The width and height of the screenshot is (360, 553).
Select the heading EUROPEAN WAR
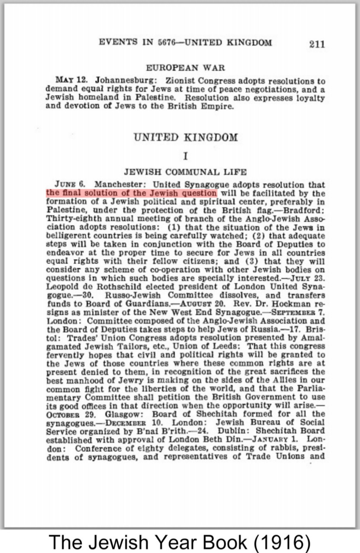tap(185, 68)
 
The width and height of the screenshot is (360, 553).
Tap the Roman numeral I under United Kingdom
tap(185, 157)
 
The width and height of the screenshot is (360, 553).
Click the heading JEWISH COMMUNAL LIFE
tap(185, 172)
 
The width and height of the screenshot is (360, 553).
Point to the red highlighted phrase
tap(131, 193)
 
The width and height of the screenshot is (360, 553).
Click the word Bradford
tap(306, 210)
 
